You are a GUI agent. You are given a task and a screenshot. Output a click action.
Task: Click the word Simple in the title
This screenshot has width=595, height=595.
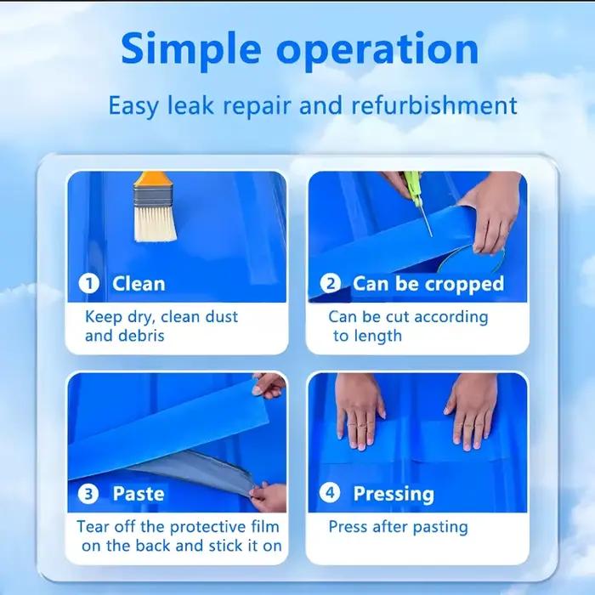pyautogui.click(x=191, y=50)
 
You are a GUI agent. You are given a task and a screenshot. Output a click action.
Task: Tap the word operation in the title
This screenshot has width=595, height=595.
pyautogui.click(x=377, y=50)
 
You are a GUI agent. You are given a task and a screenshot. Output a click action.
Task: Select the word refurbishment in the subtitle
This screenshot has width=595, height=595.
pyautogui.click(x=434, y=105)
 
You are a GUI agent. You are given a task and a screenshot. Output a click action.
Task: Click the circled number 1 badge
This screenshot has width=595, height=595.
pyautogui.click(x=89, y=283)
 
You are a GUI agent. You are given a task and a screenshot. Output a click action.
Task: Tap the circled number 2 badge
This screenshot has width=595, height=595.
pyautogui.click(x=330, y=283)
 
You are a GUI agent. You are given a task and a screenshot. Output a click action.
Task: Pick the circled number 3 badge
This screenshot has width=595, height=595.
pyautogui.click(x=88, y=493)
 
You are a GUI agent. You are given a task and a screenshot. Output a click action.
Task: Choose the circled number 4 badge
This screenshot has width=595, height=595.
pyautogui.click(x=330, y=492)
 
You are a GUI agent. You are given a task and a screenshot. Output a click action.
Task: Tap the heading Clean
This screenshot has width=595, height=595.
pyautogui.click(x=139, y=283)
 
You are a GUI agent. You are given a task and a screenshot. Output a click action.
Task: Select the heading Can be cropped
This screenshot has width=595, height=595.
pyautogui.click(x=428, y=284)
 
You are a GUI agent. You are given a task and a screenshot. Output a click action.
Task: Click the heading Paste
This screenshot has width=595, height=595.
pyautogui.click(x=138, y=494)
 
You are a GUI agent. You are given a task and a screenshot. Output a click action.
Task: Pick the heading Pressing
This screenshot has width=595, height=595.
pyautogui.click(x=394, y=494)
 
